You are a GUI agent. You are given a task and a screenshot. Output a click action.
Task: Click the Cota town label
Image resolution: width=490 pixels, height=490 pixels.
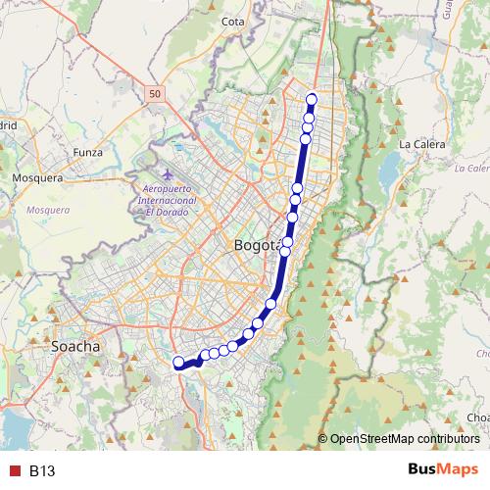[233, 21]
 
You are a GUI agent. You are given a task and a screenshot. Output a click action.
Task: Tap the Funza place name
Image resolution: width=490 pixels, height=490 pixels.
[87, 153]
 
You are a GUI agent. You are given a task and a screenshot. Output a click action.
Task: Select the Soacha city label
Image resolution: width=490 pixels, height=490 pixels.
[75, 347]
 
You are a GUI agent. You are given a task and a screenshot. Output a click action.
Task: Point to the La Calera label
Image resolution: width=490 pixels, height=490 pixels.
[421, 144]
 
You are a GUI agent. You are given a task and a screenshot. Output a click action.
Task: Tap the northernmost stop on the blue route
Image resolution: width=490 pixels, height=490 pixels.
[313, 98]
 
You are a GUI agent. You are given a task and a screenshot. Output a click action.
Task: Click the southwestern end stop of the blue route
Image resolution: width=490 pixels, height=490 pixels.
[179, 364]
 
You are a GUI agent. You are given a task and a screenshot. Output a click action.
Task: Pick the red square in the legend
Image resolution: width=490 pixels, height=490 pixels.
[13, 470]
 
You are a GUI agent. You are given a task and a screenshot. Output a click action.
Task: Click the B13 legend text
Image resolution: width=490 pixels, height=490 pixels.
[42, 470]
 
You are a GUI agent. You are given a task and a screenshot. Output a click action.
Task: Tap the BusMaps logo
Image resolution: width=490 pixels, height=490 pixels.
[443, 469]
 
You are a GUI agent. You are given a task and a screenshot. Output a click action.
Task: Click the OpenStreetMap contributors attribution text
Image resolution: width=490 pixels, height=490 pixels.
[404, 439]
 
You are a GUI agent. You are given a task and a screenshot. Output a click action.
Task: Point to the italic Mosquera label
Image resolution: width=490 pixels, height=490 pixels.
[48, 210]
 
